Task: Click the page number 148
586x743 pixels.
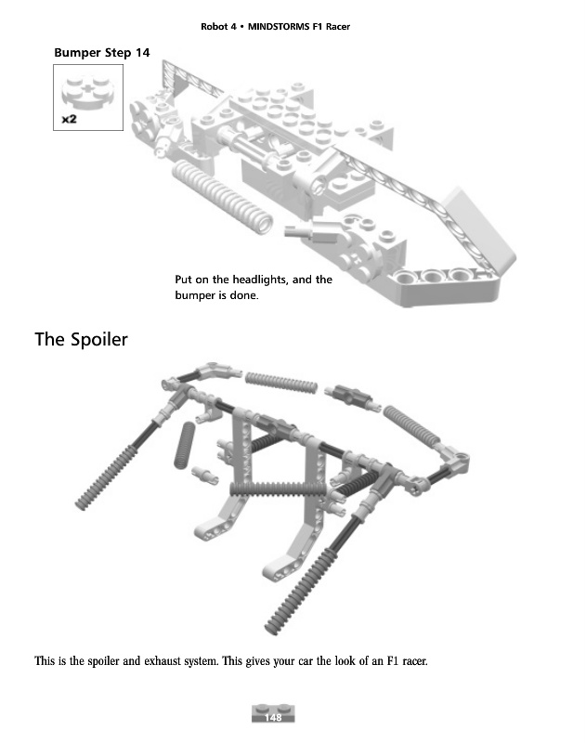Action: pyautogui.click(x=273, y=717)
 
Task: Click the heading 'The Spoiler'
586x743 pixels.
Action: pyautogui.click(x=81, y=339)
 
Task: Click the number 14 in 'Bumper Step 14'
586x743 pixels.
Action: pyautogui.click(x=141, y=53)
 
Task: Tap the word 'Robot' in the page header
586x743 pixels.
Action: pyautogui.click(x=215, y=26)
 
